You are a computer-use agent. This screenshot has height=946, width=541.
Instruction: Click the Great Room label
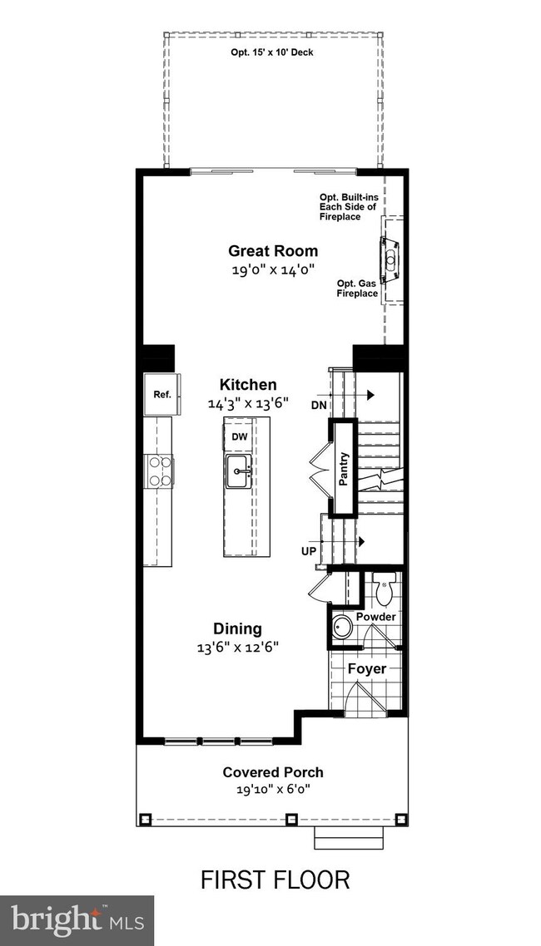coord(273,250)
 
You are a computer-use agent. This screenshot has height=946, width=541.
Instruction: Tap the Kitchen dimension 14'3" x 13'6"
coord(248,403)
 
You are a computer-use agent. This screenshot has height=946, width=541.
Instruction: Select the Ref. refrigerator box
coord(161,394)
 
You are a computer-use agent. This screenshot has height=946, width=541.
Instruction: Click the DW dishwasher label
coord(240,436)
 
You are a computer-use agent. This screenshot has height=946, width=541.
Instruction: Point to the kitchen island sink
coord(241,471)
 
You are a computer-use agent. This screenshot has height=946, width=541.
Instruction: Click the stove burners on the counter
coord(159,471)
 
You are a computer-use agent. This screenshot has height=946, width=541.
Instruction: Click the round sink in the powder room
coord(342,626)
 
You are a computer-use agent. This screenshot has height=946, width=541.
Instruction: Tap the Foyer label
coord(365,668)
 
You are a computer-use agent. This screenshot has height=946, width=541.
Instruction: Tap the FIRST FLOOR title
coord(275,879)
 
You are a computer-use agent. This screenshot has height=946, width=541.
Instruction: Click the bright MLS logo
coord(77,920)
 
